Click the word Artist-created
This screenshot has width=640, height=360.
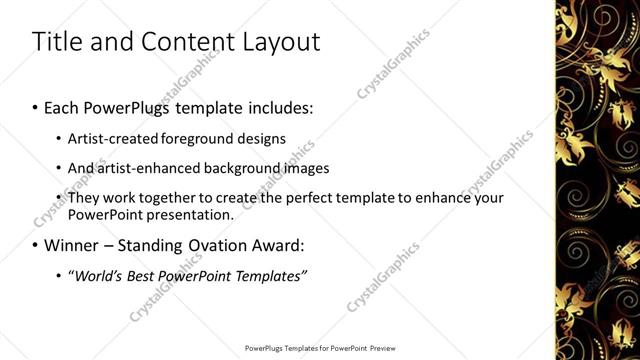[x=112, y=138]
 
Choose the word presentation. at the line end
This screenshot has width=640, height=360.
[x=193, y=214]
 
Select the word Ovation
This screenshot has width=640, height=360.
[x=219, y=245]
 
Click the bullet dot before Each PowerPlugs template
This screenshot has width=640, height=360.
[x=37, y=105]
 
